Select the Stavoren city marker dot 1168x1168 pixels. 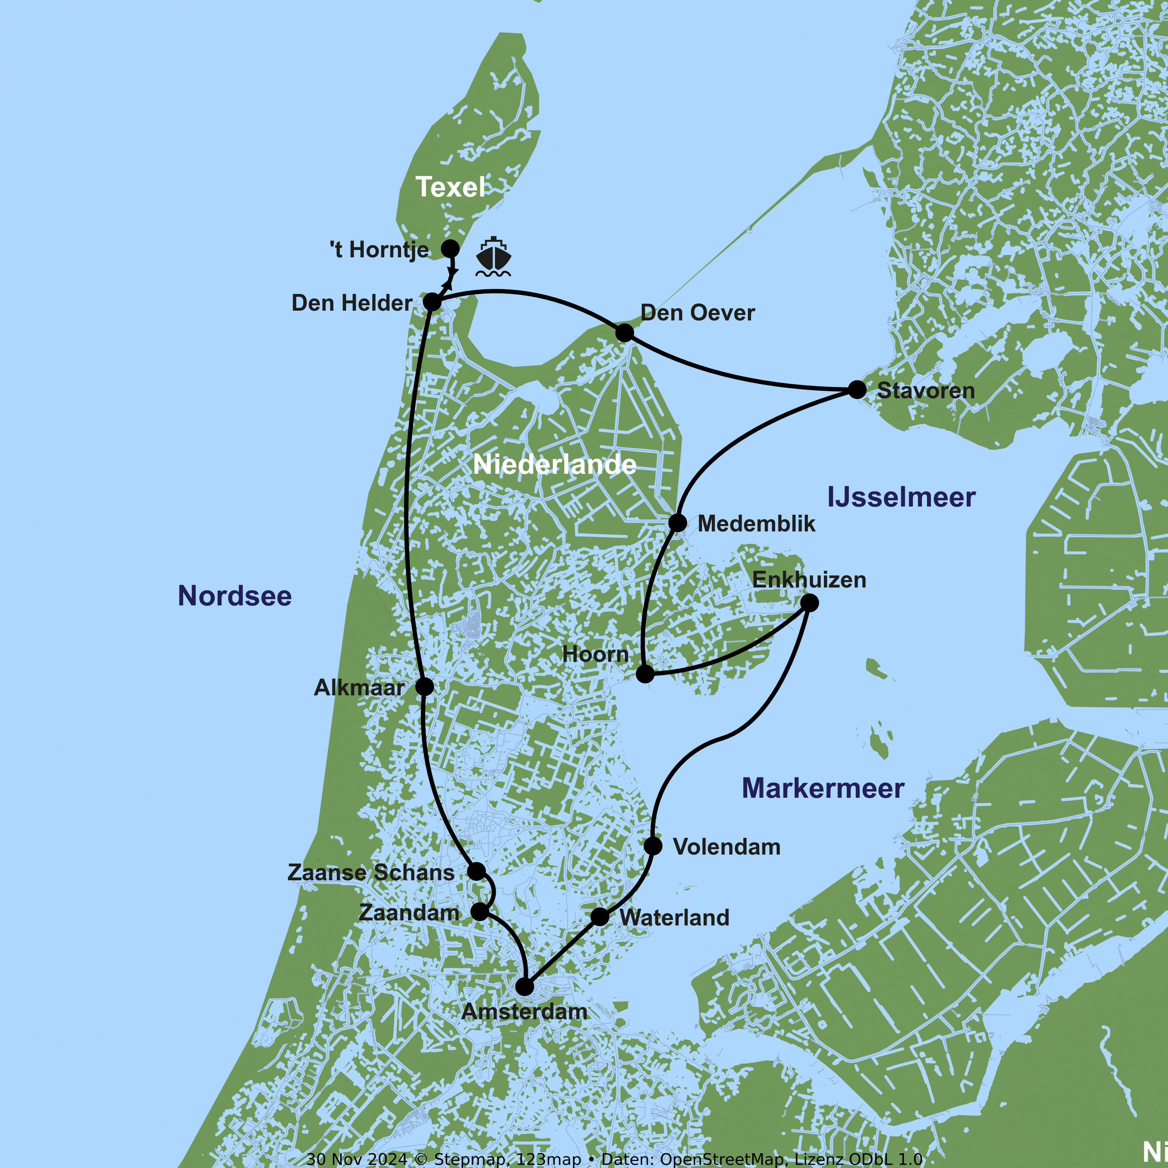[857, 389]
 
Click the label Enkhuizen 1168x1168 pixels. [809, 580]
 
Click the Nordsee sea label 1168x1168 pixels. [234, 596]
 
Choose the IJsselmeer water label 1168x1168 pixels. [901, 497]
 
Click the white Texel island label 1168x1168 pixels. [450, 187]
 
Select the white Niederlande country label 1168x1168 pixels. [554, 464]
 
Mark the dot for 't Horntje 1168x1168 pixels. [450, 248]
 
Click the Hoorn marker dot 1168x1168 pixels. [645, 674]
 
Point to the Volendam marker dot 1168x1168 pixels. [653, 845]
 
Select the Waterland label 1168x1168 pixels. [674, 918]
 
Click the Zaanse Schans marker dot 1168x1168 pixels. [477, 871]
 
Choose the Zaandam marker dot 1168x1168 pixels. [479, 911]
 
